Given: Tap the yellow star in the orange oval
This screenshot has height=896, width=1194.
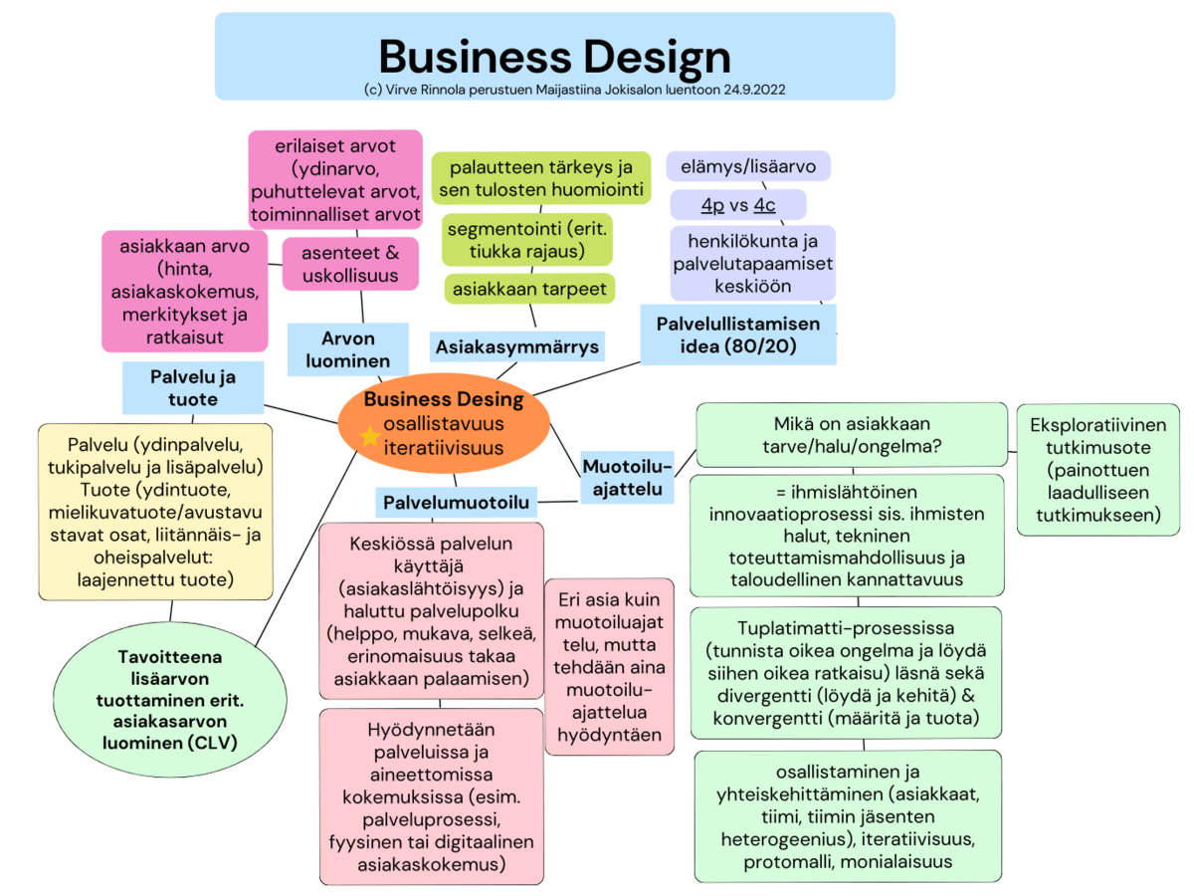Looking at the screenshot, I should [x=369, y=436].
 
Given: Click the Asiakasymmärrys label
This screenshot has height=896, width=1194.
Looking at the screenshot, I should [x=517, y=346].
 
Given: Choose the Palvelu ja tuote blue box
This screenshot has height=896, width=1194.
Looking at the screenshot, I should [x=192, y=388].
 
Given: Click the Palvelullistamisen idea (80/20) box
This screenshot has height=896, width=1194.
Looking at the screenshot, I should [x=737, y=335].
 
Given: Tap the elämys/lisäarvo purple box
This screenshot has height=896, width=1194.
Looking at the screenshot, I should [x=748, y=166].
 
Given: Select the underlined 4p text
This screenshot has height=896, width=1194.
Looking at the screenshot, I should [x=712, y=205].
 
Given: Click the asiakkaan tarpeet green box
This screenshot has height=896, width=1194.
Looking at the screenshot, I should [x=530, y=289].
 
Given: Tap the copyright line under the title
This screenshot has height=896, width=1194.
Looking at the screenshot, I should [x=554, y=89].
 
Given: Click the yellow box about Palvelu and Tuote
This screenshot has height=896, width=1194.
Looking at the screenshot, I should [x=155, y=511].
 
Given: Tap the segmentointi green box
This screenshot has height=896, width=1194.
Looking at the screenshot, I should [x=526, y=240].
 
